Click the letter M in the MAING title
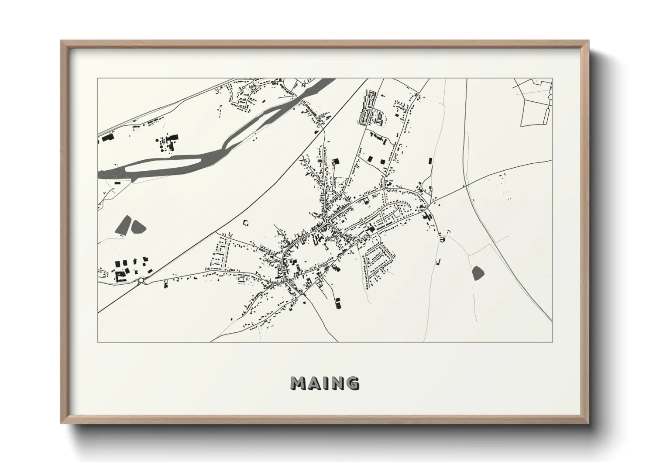tap(299, 383)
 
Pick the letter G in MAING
tap(353, 383)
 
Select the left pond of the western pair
tap(124, 224)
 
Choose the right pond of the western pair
tap(139, 226)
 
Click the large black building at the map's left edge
tap(107, 138)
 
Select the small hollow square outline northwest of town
tap(246, 224)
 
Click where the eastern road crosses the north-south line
tap(466, 185)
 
